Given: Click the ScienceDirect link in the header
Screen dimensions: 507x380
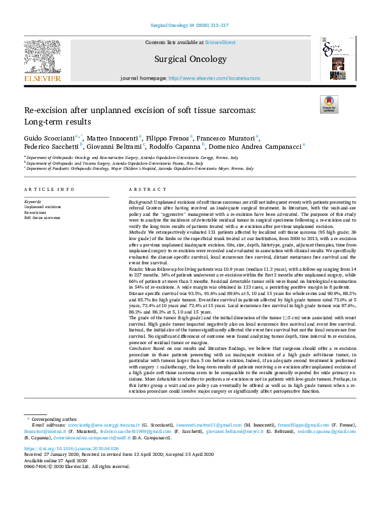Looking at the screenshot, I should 220,42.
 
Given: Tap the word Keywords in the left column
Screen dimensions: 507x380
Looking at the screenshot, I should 33,201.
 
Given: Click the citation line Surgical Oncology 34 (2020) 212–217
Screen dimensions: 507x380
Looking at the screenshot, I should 189,25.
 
